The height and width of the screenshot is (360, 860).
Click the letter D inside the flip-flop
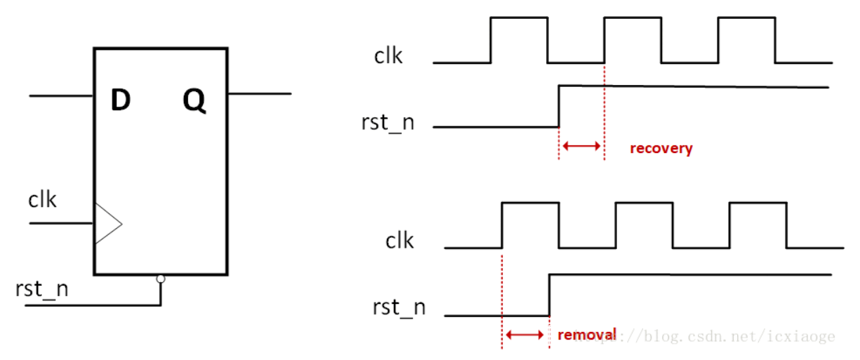121,101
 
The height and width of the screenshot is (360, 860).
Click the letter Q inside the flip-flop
194,102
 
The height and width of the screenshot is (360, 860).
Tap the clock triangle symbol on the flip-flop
107,224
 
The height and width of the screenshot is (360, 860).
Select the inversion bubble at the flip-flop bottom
161,279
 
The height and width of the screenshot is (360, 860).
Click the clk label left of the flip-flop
42,200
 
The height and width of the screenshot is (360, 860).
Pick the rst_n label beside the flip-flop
41,289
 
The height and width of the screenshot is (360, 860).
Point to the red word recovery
661,148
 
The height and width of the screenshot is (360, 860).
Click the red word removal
587,334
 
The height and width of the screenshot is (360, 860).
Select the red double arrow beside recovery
581,146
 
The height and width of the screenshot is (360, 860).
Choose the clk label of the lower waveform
399,241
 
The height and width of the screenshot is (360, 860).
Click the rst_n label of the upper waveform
388,122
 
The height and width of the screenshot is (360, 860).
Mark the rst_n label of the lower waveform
399,307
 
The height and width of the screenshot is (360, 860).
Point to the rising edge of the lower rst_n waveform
549,295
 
